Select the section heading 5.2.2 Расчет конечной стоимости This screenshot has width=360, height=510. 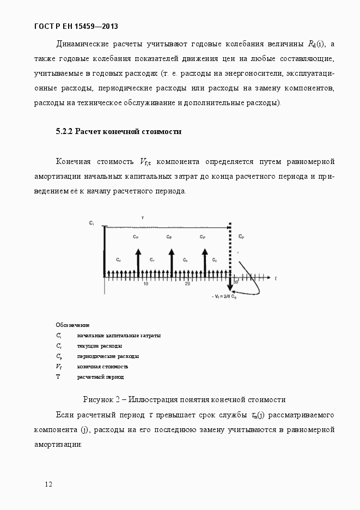119,131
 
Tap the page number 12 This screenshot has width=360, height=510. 49,484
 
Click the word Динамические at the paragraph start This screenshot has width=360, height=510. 82,44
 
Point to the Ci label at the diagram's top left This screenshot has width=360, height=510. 91,223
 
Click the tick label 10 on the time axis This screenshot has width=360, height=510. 145,284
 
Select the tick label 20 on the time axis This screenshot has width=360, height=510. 187,284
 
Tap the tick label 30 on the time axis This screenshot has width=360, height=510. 236,282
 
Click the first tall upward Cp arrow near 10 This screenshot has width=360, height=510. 138,262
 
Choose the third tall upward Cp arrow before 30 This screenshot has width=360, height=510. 205,262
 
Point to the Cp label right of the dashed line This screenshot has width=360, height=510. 241,237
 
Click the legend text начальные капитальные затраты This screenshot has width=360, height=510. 119,336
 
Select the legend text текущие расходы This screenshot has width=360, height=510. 100,346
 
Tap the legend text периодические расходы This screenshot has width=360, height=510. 108,356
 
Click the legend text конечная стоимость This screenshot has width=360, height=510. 103,367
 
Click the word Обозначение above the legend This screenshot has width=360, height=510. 72,325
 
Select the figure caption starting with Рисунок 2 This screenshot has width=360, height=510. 184,399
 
